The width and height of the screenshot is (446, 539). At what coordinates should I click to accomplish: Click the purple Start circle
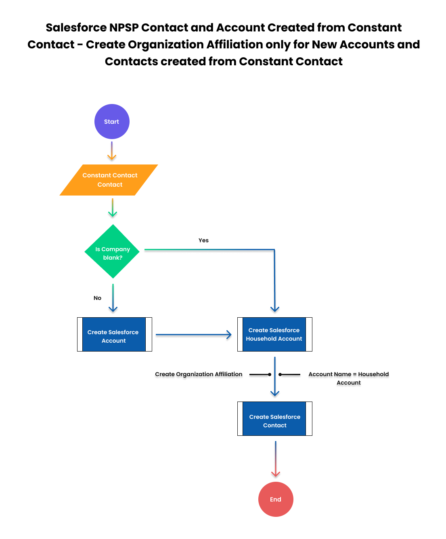pyautogui.click(x=112, y=121)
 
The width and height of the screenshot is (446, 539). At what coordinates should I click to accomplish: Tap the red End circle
pyautogui.click(x=275, y=499)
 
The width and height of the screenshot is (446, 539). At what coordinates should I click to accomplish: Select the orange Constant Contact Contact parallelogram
pyautogui.click(x=109, y=180)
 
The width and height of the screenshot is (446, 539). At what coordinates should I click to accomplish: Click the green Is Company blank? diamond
pyautogui.click(x=112, y=251)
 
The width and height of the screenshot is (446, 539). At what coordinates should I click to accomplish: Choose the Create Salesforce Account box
pyautogui.click(x=115, y=334)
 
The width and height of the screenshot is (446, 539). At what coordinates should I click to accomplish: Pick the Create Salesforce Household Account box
pyautogui.click(x=275, y=334)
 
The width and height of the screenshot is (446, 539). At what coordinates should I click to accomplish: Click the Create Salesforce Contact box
pyautogui.click(x=275, y=418)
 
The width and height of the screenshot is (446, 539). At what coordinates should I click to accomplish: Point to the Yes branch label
pyautogui.click(x=203, y=240)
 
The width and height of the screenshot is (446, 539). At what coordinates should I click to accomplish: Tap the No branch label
pyautogui.click(x=97, y=298)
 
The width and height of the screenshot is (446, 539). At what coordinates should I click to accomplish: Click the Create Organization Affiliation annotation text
pyautogui.click(x=199, y=374)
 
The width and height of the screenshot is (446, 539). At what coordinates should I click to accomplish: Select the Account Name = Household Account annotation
pyautogui.click(x=348, y=378)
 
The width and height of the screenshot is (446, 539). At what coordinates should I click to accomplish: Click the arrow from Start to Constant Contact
pyautogui.click(x=112, y=151)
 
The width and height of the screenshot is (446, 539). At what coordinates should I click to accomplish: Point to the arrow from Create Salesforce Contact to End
pyautogui.click(x=275, y=459)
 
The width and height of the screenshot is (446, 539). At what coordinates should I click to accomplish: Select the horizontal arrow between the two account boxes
pyautogui.click(x=194, y=335)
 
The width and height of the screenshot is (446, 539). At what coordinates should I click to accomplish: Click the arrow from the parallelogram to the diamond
pyautogui.click(x=112, y=208)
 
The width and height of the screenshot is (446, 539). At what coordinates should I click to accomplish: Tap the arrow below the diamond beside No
pyautogui.click(x=113, y=298)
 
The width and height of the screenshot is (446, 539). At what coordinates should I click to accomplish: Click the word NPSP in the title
pyautogui.click(x=124, y=28)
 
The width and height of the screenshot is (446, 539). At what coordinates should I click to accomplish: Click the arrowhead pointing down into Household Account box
pyautogui.click(x=275, y=309)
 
